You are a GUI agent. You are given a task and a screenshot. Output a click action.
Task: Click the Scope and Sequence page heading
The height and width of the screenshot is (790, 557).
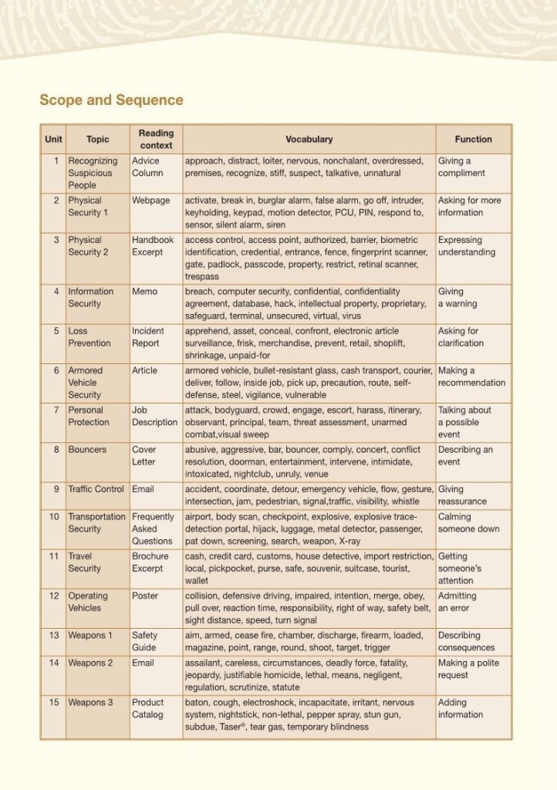pos(111,100)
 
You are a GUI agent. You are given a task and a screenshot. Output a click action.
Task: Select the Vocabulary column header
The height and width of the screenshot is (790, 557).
pos(309,140)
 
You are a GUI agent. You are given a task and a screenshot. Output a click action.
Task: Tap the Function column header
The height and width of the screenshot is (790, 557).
pos(473,140)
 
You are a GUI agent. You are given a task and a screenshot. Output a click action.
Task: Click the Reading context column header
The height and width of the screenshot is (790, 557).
pos(156,139)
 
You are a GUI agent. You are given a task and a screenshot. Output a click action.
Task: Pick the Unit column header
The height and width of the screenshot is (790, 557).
pos(53,140)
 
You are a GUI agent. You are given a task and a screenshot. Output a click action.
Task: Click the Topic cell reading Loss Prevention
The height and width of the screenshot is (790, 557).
pos(89,337)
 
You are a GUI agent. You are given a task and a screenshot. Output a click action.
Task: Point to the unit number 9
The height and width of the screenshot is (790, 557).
pos(56,489)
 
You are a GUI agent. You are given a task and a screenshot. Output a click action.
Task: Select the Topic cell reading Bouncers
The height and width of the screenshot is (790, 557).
pos(86,450)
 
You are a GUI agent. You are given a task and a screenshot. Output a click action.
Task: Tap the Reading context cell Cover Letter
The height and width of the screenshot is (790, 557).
pos(144,455)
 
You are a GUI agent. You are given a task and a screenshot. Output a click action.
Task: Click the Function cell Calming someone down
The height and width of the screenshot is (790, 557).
pos(468,523)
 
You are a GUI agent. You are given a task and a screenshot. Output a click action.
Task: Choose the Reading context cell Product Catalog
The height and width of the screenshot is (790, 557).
pos(148,708)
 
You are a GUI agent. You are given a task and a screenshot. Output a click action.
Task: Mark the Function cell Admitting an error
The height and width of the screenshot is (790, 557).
pos(457,602)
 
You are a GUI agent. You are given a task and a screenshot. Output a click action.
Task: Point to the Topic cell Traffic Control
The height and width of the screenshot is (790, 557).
pos(96,489)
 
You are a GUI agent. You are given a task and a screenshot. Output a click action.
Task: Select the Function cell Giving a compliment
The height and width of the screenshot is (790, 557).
pos(461,167)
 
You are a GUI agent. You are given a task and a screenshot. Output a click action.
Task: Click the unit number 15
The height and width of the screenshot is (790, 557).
pos(55,703)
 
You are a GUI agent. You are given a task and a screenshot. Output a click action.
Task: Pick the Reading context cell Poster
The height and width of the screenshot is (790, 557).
pos(144,596)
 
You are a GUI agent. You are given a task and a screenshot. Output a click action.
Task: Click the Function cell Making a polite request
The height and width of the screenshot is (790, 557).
pos(468,669)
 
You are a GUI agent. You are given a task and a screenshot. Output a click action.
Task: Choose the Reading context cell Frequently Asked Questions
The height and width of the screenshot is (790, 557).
pos(153,528)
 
